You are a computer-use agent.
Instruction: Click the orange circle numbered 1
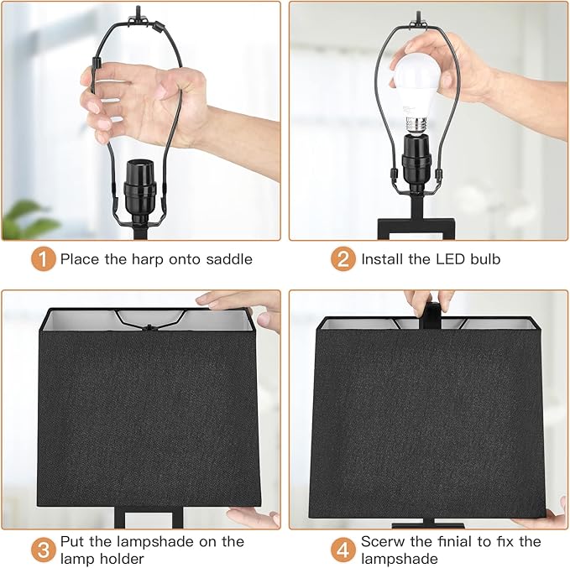tap(44, 259)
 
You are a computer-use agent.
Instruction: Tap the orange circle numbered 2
tap(343, 259)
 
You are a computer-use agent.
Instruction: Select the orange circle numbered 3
tap(44, 550)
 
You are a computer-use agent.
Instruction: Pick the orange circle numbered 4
tap(343, 550)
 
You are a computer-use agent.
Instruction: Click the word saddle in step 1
tap(229, 259)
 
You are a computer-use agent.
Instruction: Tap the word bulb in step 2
tap(485, 259)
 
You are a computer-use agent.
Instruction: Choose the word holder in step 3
tap(122, 558)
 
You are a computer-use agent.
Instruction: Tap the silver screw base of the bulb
tap(416, 125)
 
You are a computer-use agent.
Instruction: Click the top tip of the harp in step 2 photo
tap(418, 13)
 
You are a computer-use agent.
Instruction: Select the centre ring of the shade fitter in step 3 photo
tap(149, 327)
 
